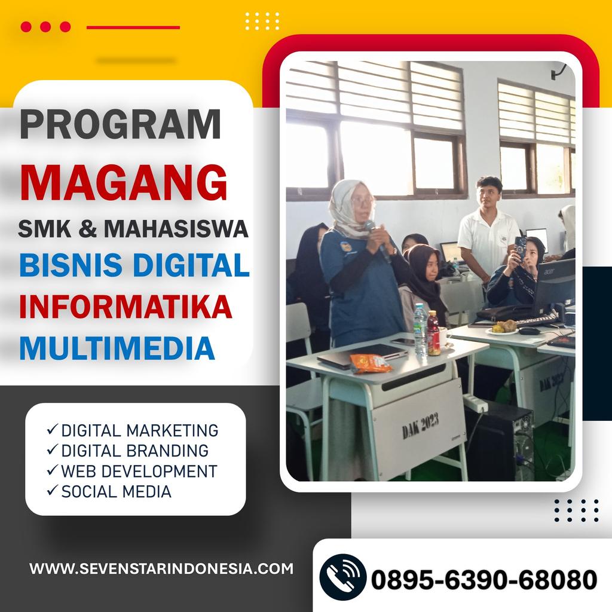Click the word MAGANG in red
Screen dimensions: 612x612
pos(123,183)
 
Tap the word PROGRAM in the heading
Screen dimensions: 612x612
pos(120,124)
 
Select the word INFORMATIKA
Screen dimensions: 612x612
pos(126,307)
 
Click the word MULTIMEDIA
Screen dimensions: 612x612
pos(117,348)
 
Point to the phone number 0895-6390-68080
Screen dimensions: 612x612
pos(484,579)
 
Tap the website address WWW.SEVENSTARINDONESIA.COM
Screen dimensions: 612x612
pos(161,568)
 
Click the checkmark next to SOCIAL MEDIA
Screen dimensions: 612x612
pos(53,490)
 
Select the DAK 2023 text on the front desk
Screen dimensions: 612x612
pos(420,426)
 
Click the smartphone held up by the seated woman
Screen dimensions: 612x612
pos(521,248)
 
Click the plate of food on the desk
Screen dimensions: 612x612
pos(503,328)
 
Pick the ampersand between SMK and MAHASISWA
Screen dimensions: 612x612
pos(87,229)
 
